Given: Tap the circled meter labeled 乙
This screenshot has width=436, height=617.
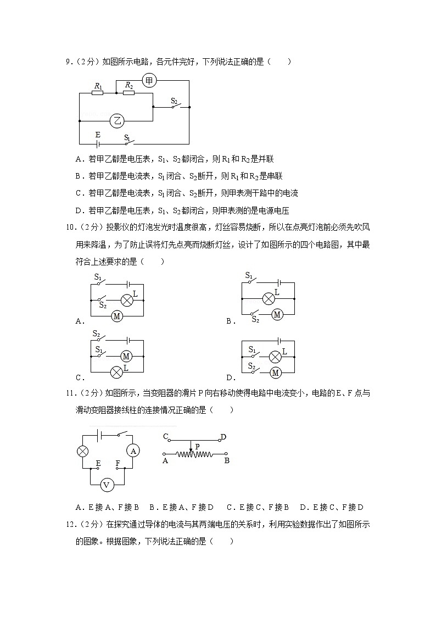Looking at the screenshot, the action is tap(117, 121).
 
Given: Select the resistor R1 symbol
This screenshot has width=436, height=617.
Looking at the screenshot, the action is tap(97, 93).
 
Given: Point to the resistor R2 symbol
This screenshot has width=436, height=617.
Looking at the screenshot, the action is tap(128, 93).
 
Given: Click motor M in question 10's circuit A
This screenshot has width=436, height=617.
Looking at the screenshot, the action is tap(116, 316).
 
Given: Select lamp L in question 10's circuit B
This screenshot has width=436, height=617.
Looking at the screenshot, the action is tap(269, 298).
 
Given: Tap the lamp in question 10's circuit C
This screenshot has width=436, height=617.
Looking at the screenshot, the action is tap(116, 372).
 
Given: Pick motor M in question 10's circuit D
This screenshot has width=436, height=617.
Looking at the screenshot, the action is tap(276, 372).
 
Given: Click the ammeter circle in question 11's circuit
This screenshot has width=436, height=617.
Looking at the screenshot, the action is tap(133, 451).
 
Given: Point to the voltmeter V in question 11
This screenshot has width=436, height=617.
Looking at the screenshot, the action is tap(108, 485).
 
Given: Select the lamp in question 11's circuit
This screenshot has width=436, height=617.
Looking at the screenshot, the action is tap(82, 451).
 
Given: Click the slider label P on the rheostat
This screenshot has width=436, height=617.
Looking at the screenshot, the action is tap(197, 446).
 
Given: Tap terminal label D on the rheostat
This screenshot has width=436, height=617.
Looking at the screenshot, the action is tap(223, 437).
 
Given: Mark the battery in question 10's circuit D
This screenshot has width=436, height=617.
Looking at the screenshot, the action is tap(280, 341).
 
